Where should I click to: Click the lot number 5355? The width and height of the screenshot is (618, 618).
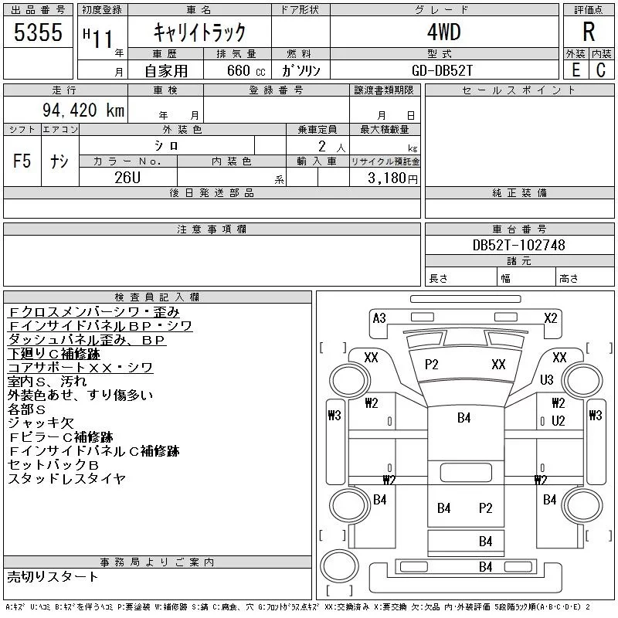(38, 32)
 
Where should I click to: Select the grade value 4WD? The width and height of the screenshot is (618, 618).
(443, 32)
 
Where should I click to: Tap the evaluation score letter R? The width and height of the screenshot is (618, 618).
(589, 32)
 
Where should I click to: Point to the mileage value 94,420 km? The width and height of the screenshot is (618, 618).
(83, 110)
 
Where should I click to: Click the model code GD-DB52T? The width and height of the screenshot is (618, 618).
(442, 70)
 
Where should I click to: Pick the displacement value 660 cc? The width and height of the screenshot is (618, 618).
(246, 70)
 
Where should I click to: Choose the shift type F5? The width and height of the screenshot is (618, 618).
(22, 161)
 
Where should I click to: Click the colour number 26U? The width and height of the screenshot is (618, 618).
(127, 178)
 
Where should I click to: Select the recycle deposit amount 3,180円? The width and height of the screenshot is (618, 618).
(392, 178)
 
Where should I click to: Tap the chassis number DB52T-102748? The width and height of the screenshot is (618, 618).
(518, 245)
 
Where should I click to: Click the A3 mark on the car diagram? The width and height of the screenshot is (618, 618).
(379, 318)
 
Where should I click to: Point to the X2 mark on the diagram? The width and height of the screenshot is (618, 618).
(551, 318)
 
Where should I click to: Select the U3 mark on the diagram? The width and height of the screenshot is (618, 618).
(547, 379)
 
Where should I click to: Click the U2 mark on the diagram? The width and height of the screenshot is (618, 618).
(558, 421)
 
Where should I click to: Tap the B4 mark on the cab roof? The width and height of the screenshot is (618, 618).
(464, 418)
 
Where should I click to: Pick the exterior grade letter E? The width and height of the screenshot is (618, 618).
(576, 70)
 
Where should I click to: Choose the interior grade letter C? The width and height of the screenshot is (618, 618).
(601, 70)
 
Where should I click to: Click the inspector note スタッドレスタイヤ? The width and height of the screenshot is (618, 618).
(66, 479)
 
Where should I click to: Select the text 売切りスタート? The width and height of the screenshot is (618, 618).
(53, 577)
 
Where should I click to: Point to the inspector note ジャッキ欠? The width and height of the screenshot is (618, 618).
(41, 423)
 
